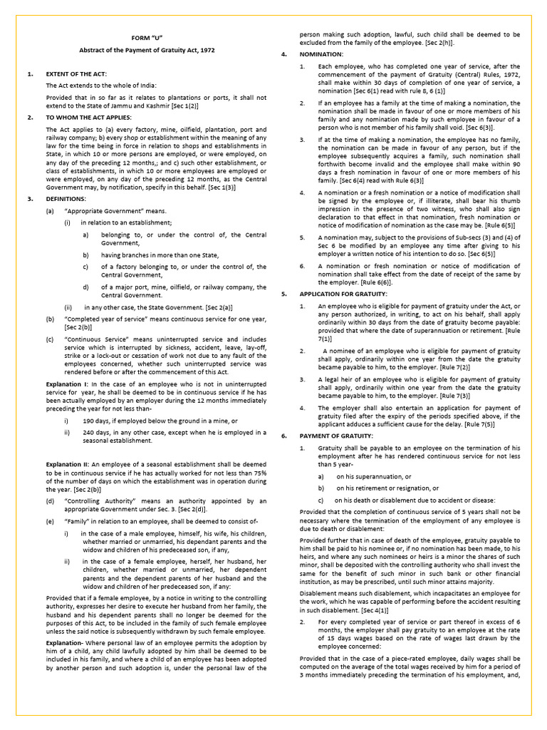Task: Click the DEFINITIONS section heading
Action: pos(66,199)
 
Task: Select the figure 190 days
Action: pos(96,421)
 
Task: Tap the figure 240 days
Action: pos(96,432)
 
